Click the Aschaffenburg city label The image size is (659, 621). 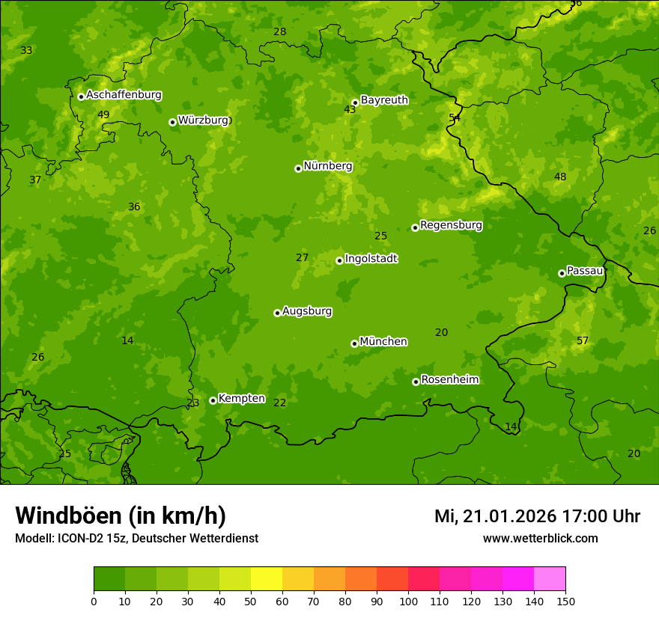(x=124, y=95)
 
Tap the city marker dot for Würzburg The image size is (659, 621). (x=172, y=122)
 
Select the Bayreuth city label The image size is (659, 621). (x=384, y=100)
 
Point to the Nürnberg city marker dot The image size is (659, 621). (x=298, y=168)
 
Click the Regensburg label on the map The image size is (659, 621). (x=451, y=224)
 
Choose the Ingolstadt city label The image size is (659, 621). (x=371, y=259)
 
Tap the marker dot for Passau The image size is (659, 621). (x=562, y=273)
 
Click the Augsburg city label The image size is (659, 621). (x=307, y=311)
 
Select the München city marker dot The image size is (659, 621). (x=354, y=343)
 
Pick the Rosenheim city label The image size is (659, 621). (x=449, y=379)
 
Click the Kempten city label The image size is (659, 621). (x=241, y=398)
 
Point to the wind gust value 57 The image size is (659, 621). (x=583, y=341)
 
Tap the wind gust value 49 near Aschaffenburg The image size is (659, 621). (x=103, y=114)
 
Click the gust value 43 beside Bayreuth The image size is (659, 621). (x=350, y=110)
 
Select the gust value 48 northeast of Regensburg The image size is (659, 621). (x=560, y=177)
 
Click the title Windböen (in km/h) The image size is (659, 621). (x=121, y=516)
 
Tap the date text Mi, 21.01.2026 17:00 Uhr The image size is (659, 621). (x=537, y=516)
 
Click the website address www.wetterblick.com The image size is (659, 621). (x=540, y=539)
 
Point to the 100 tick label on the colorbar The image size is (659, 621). (x=408, y=601)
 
